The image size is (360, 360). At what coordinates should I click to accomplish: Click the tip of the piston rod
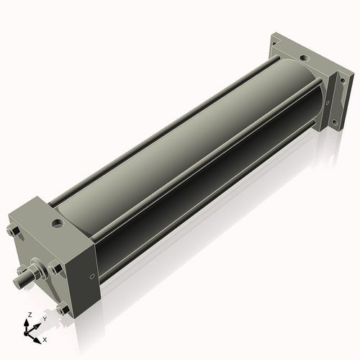20,276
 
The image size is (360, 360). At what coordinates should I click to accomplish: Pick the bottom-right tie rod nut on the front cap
65,310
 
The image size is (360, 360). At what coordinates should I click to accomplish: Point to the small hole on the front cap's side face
91,277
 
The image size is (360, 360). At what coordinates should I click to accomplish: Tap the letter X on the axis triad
45,338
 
